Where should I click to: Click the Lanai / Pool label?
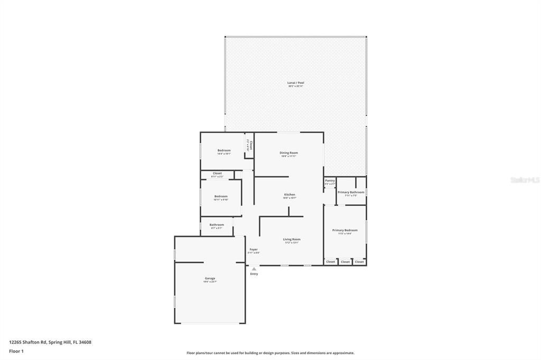296,83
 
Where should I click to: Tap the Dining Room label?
288,153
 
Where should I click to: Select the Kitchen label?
290,195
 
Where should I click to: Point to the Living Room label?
292,240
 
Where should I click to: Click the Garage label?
210,278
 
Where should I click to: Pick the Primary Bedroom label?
344,230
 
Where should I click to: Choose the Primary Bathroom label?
351,192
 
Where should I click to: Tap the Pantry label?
330,181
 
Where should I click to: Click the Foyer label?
254,249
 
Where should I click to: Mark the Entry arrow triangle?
254,269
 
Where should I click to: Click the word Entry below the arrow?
254,274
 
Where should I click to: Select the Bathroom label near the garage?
217,225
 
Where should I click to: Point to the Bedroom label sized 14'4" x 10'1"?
224,150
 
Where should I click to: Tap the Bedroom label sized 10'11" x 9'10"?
221,196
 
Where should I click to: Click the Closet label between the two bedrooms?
217,173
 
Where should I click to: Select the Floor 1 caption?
16,351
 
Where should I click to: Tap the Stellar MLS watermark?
525,180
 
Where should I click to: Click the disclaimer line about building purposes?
270,353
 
